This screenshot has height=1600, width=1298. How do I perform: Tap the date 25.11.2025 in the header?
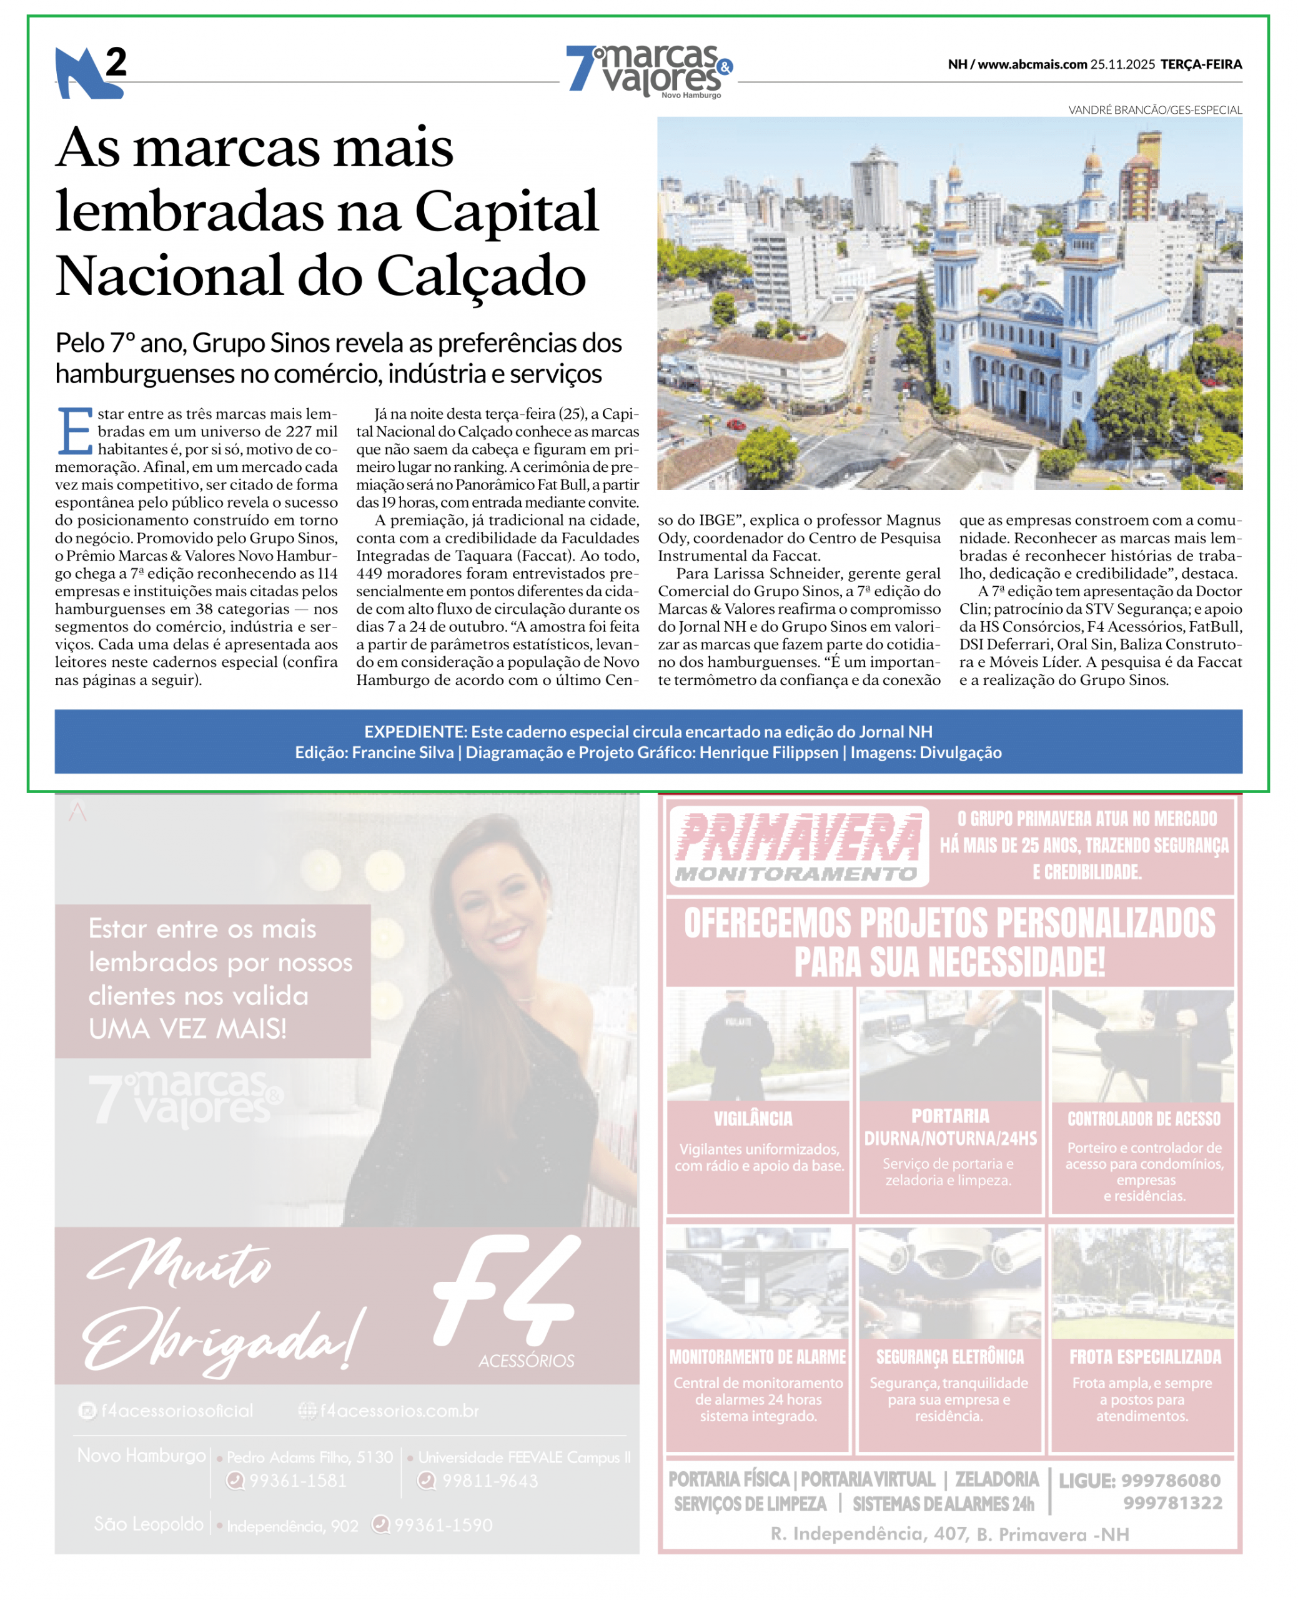click(x=1122, y=64)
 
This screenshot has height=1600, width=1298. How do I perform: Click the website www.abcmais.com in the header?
click(x=1032, y=64)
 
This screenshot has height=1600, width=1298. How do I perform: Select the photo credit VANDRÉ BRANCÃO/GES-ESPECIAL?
click(x=1154, y=110)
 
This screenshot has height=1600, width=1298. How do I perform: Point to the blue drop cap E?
click(x=74, y=431)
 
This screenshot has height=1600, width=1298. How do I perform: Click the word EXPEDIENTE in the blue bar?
click(x=415, y=731)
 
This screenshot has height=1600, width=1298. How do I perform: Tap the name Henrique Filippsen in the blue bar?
click(x=769, y=752)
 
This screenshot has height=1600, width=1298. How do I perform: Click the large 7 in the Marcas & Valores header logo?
click(x=580, y=69)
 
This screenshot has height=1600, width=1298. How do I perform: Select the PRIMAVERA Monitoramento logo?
click(x=798, y=846)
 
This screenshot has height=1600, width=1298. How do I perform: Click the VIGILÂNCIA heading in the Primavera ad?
click(x=753, y=1118)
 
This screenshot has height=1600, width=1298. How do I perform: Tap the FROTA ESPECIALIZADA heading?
click(x=1145, y=1356)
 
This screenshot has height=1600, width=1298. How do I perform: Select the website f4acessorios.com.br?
click(x=399, y=1411)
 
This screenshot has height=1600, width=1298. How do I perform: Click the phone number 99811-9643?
click(x=489, y=1481)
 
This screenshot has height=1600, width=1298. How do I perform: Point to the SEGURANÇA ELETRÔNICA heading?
click(x=949, y=1356)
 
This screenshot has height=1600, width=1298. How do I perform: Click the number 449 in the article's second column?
click(x=369, y=574)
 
